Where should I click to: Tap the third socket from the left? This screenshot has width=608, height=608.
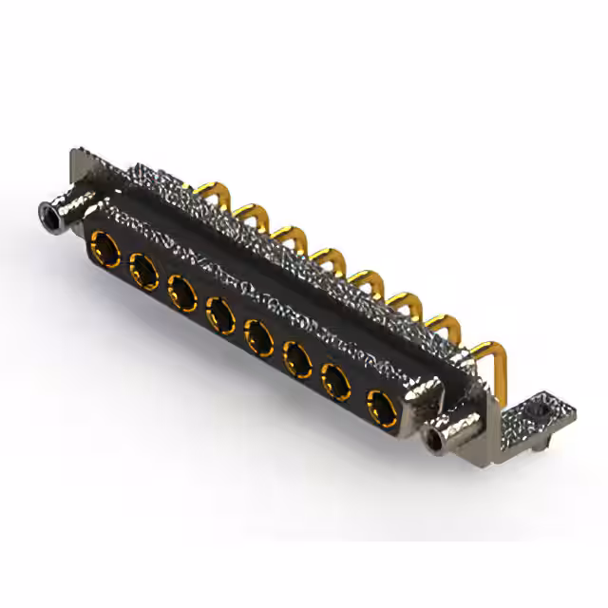[x=181, y=291]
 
